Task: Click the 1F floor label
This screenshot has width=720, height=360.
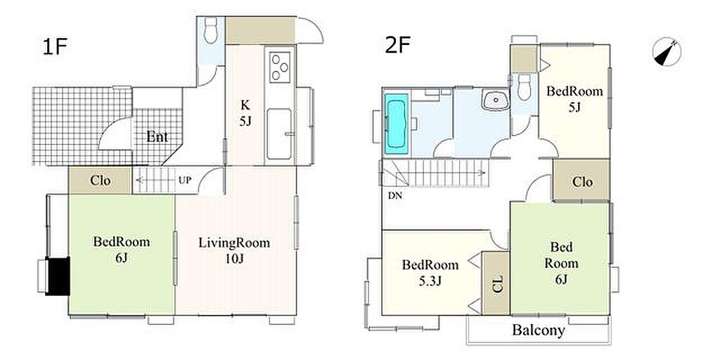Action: pos(55,47)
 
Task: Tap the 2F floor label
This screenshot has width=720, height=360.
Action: pos(397,46)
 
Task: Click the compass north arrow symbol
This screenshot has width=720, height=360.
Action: pos(667,51)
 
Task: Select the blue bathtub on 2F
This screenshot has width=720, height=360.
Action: pos(397,124)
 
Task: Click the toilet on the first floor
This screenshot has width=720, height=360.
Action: pos(211,30)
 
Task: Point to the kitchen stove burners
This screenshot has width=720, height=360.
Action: pos(280,67)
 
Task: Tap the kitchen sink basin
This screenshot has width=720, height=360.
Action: pos(279,134)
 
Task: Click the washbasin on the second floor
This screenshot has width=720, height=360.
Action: pos(495,100)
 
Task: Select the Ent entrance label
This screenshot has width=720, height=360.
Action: pos(157,137)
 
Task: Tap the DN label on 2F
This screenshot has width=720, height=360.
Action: pos(395,195)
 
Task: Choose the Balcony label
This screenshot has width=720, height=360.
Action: pos(539,330)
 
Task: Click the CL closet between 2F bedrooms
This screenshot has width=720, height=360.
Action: pos(496,283)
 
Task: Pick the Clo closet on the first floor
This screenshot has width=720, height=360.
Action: pos(100,180)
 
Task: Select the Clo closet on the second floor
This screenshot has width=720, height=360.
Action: pos(581,180)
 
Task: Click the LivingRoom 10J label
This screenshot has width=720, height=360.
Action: pos(234,250)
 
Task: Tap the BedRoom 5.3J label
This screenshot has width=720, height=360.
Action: pos(430,272)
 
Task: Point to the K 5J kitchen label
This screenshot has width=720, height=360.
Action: pos(244,113)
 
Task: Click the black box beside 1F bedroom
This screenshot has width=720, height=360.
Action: pos(58,276)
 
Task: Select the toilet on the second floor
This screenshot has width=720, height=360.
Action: pos(524,86)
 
